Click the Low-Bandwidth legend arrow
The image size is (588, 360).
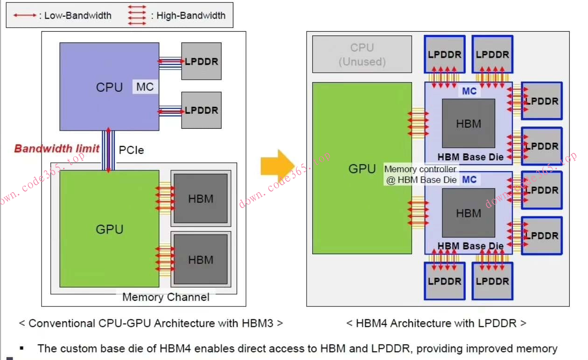click(x=25, y=15)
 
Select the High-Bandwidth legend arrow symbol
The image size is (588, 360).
click(x=137, y=15)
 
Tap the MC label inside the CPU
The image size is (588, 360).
click(x=145, y=87)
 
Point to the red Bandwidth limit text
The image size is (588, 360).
click(x=56, y=149)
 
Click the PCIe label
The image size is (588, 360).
click(x=131, y=150)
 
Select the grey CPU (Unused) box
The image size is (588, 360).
click(x=362, y=55)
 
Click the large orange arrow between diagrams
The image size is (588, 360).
click(x=277, y=166)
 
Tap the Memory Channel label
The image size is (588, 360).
click(x=166, y=297)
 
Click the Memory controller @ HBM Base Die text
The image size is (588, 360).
click(x=421, y=174)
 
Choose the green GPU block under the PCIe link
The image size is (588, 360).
click(x=109, y=229)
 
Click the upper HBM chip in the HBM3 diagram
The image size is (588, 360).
click(x=201, y=199)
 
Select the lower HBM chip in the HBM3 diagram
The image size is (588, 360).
click(x=201, y=260)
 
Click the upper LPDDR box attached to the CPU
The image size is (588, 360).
click(x=201, y=61)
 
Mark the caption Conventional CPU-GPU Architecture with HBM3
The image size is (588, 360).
click(x=150, y=323)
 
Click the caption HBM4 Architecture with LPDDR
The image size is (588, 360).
click(x=436, y=323)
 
